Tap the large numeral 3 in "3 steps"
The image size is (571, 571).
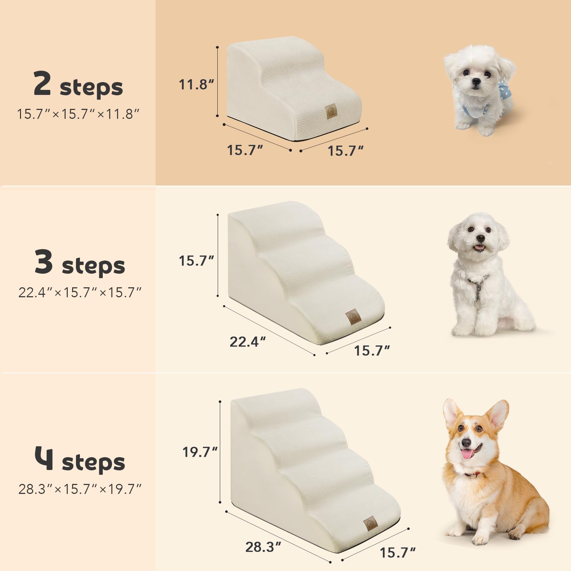(x=44, y=262)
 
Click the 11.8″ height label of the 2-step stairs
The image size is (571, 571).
(x=196, y=85)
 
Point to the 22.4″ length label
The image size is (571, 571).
(x=247, y=342)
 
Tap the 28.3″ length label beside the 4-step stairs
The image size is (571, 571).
(x=263, y=547)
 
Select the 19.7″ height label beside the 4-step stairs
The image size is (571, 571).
(x=200, y=452)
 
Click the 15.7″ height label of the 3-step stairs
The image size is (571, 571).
(x=196, y=261)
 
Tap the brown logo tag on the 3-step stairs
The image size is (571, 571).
(x=353, y=316)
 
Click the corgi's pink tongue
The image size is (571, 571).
(x=466, y=454)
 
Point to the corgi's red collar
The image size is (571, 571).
(x=473, y=475)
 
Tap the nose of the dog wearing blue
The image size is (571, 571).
(x=475, y=82)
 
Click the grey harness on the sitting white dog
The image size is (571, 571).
(x=477, y=285)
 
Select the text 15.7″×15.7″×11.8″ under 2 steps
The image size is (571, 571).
(x=78, y=114)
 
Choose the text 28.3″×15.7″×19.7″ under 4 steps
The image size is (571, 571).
(x=80, y=489)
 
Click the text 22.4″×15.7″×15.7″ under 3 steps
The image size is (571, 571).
(x=80, y=293)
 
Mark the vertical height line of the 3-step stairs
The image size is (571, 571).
(x=218, y=255)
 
